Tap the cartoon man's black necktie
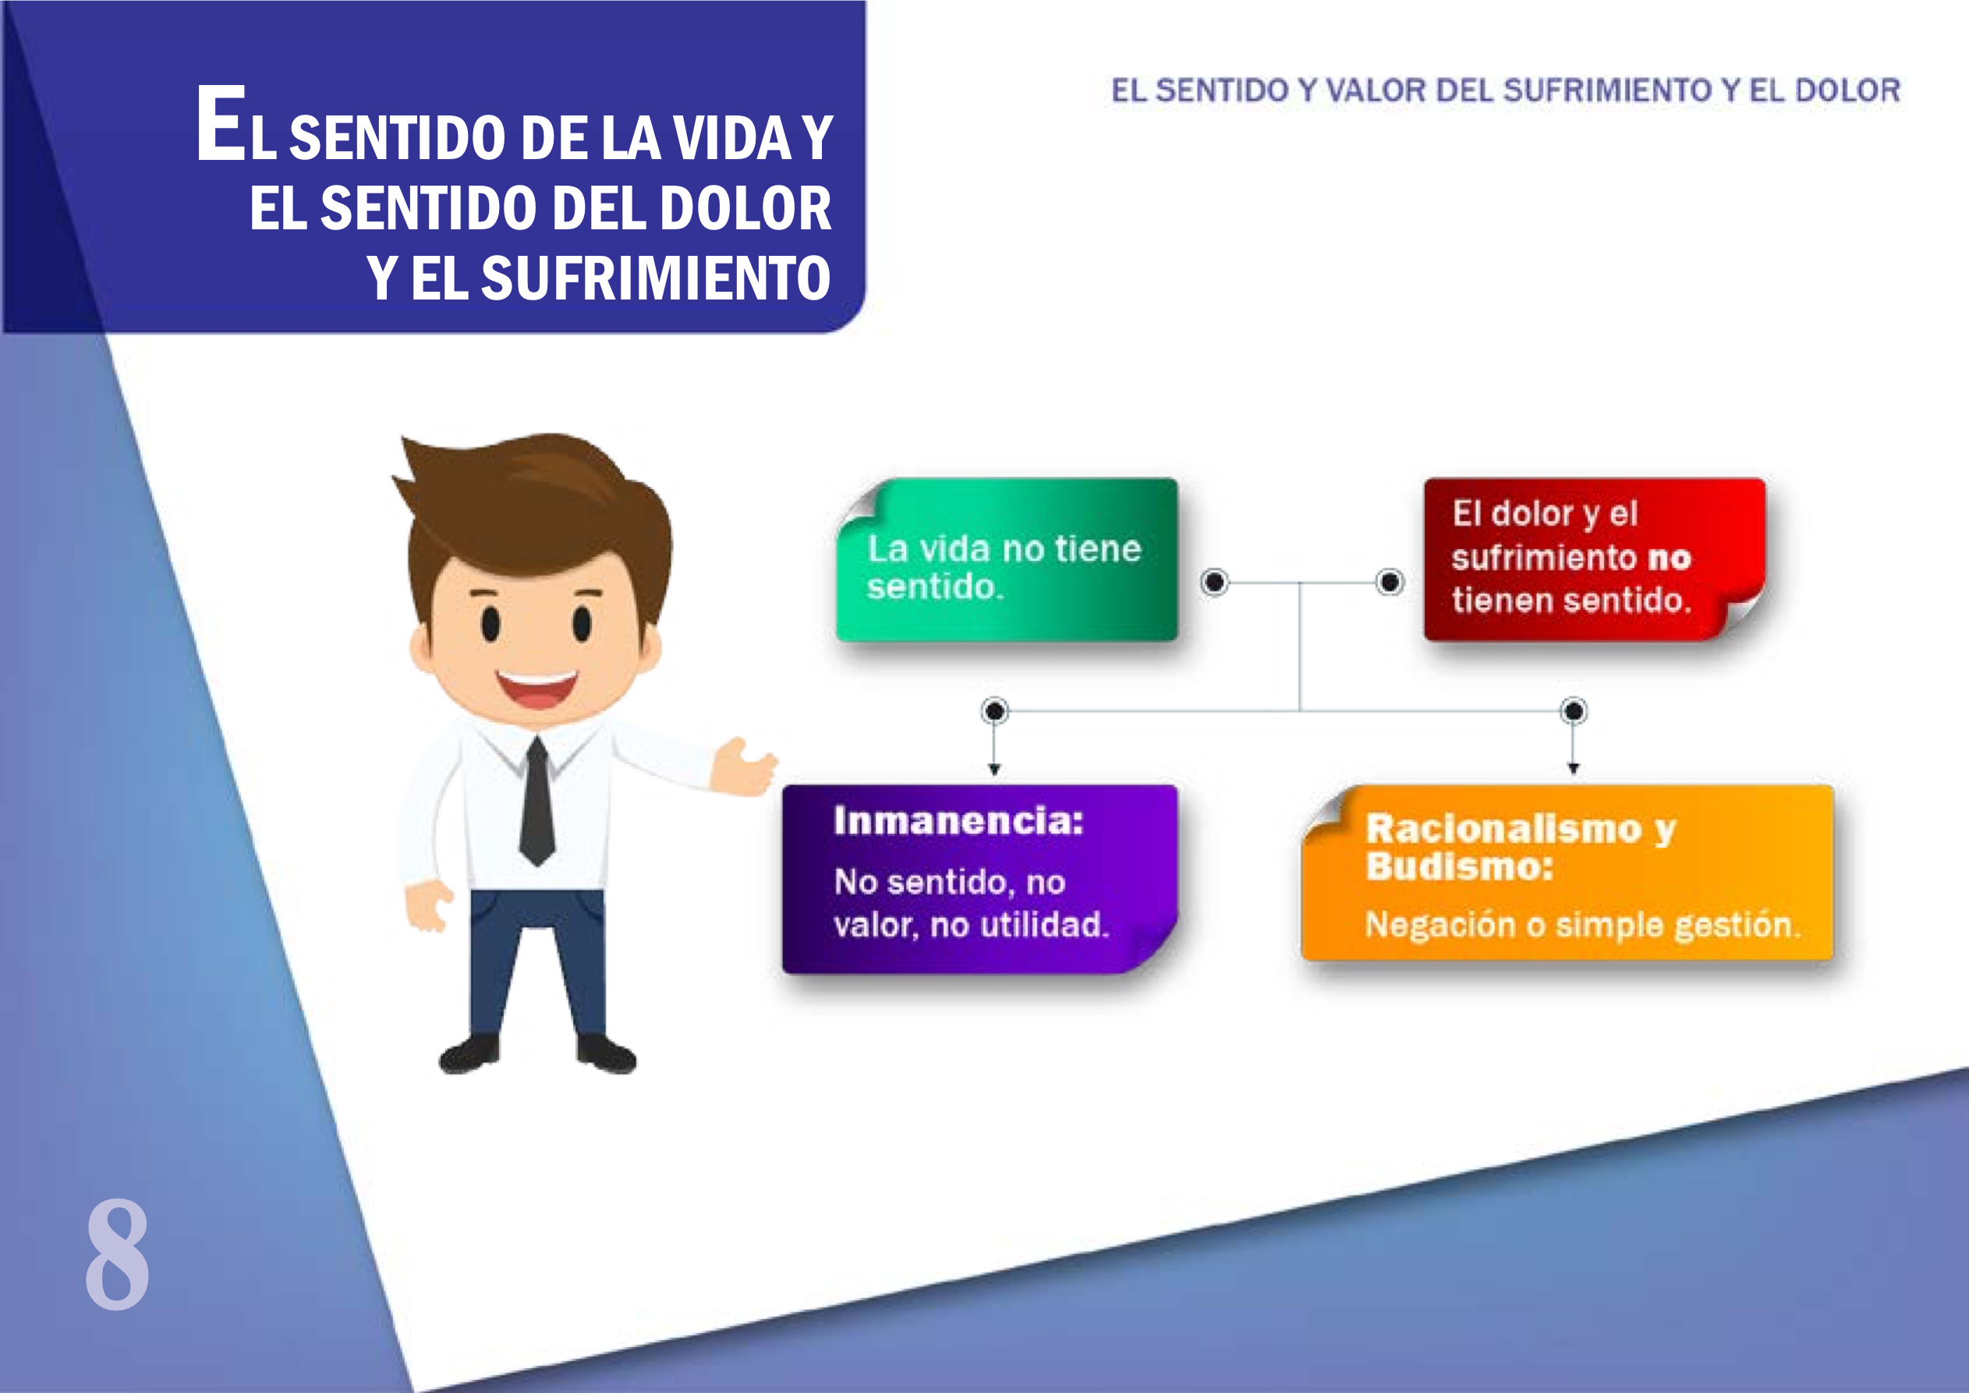click(537, 802)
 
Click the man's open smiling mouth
click(536, 688)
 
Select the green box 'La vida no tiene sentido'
click(1007, 560)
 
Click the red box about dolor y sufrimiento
click(1593, 559)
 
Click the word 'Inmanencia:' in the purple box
click(958, 821)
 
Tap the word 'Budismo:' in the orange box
click(1460, 867)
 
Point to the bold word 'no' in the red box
click(1669, 558)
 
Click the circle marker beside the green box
click(1214, 583)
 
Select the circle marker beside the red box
click(1390, 583)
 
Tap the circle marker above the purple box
click(995, 711)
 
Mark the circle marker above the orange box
click(1573, 711)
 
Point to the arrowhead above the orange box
click(1573, 768)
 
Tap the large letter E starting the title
click(221, 123)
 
